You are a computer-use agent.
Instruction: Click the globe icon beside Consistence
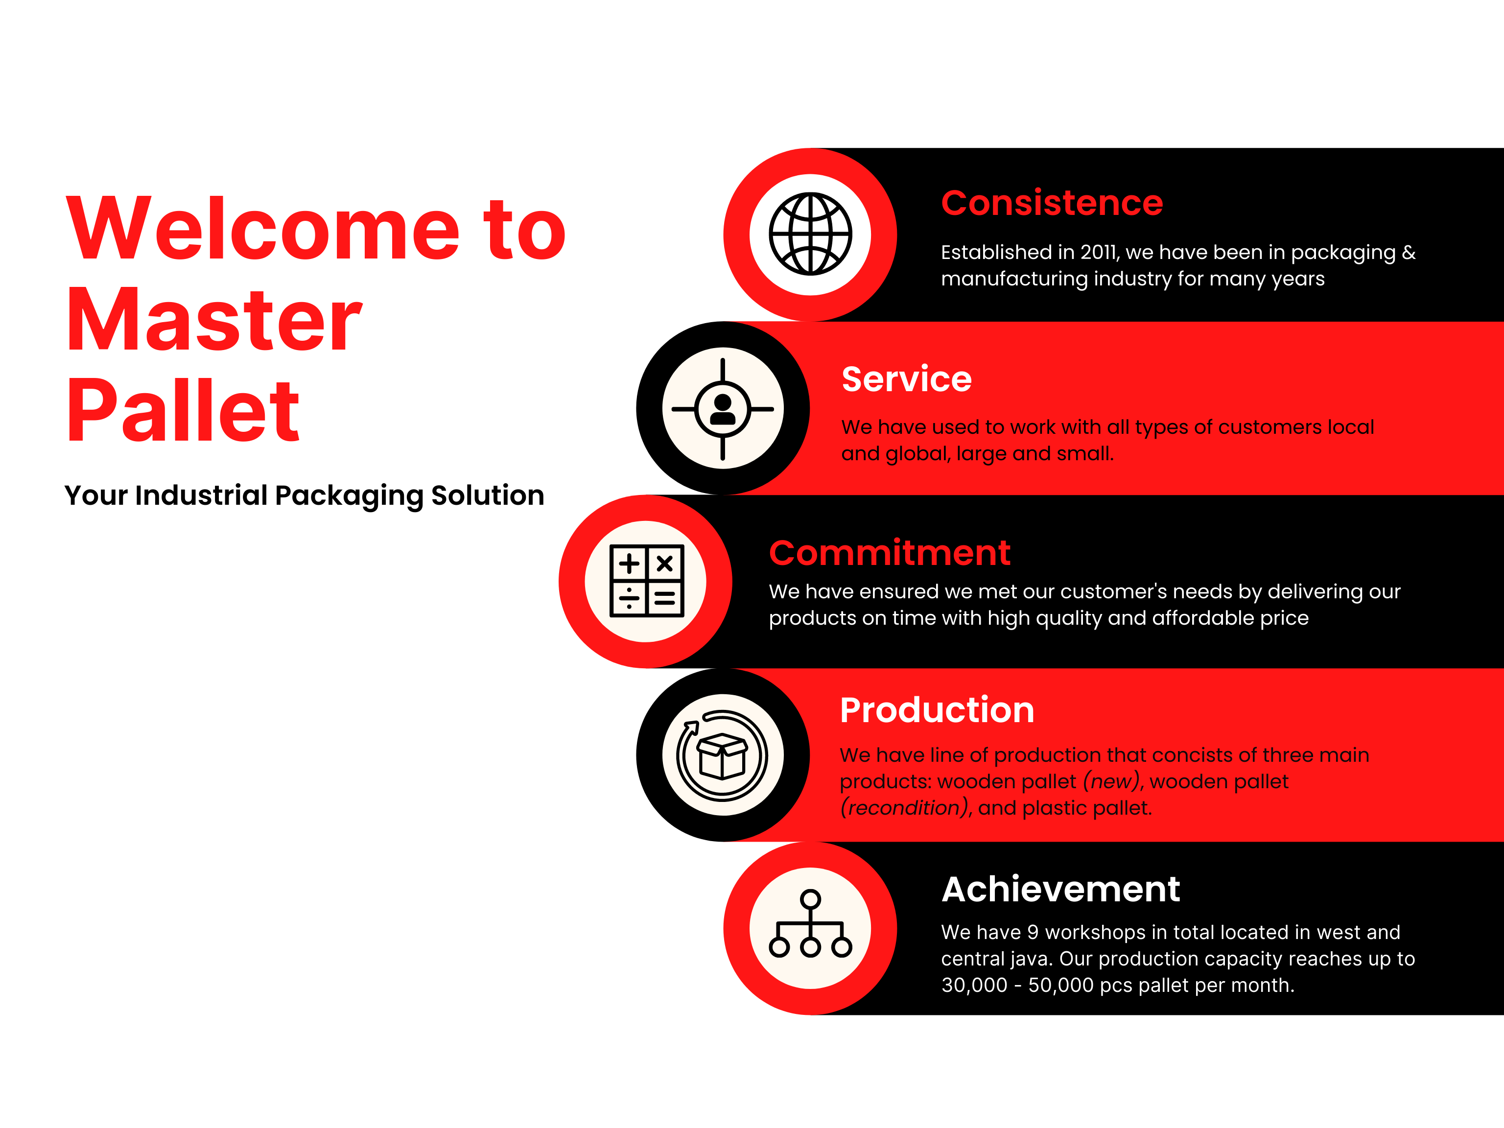pos(810,234)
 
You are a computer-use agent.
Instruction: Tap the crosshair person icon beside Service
pos(723,409)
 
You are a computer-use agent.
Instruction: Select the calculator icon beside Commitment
pos(647,581)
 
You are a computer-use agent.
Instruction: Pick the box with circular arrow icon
pos(722,755)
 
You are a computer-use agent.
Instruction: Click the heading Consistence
pos(1052,203)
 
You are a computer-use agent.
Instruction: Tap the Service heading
pos(906,379)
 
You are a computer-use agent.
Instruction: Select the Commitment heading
pos(890,552)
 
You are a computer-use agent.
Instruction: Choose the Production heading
pos(937,710)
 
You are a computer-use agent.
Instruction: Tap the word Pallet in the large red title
pos(184,410)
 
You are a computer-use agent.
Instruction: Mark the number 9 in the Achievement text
pos(1033,932)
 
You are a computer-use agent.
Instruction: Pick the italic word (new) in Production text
pos(1111,781)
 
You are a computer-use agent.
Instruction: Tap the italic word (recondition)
pos(904,808)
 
